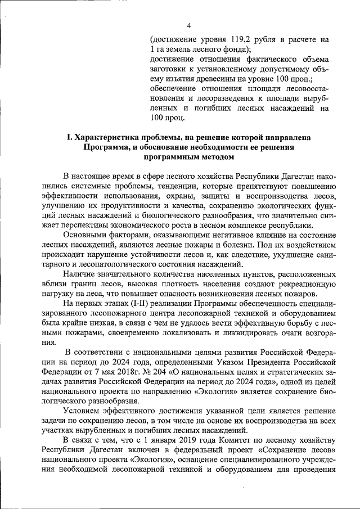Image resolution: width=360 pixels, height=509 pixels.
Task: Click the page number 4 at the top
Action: point(189,25)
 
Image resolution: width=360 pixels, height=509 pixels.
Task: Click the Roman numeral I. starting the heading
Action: point(69,137)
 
